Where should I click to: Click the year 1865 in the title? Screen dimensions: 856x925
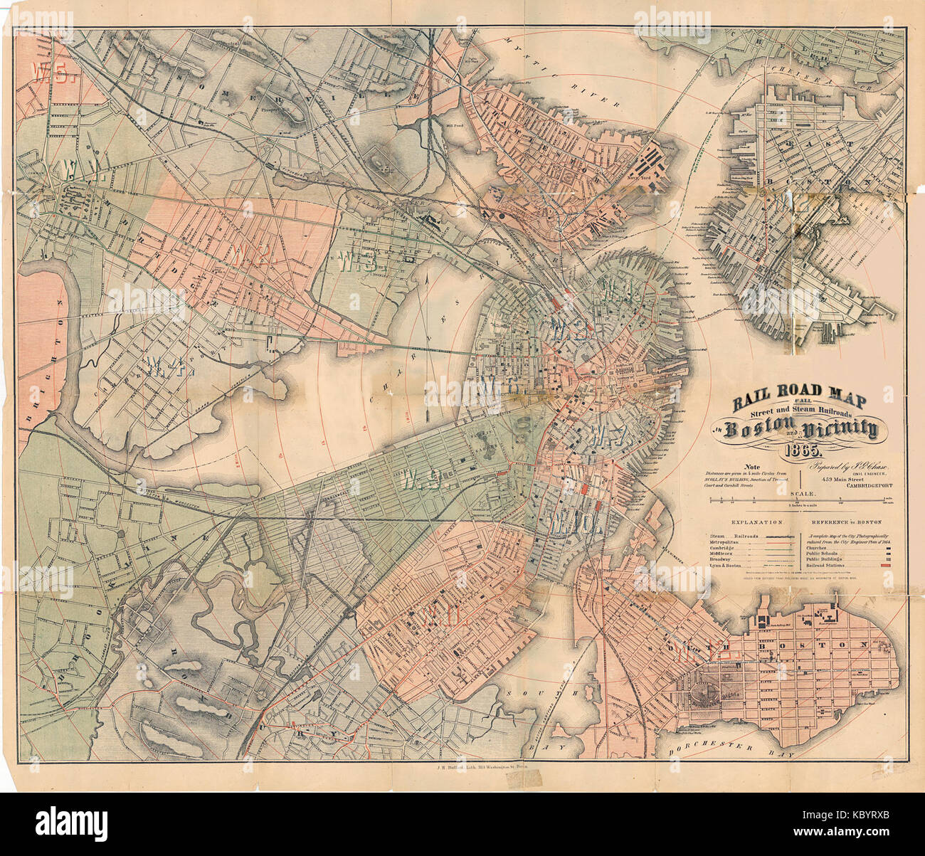tap(803, 450)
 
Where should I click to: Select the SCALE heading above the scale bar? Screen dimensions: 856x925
tap(803, 493)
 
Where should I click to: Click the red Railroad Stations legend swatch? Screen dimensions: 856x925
tap(885, 564)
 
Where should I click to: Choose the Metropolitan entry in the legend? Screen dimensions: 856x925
tap(726, 542)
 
